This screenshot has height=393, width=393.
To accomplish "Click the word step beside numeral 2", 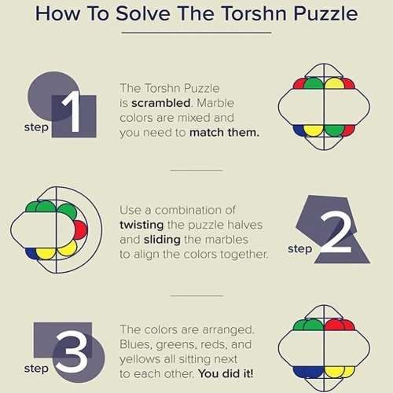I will (x=299, y=249).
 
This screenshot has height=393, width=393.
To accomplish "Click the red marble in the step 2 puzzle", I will (x=79, y=230).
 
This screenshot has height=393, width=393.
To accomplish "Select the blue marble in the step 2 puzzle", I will (x=31, y=253).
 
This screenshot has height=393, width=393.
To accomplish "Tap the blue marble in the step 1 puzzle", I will (x=299, y=130).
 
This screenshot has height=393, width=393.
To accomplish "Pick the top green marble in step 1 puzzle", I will (x=314, y=83).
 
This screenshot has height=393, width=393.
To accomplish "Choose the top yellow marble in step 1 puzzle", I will (x=334, y=83).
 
